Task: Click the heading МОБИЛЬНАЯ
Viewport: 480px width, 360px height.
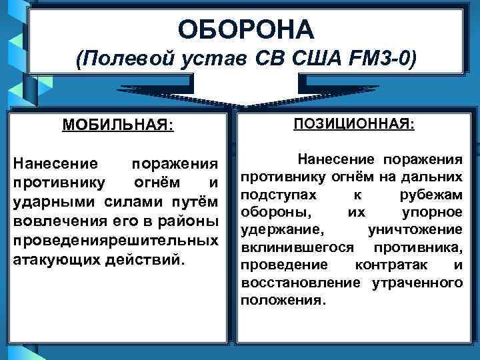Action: click(117, 125)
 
